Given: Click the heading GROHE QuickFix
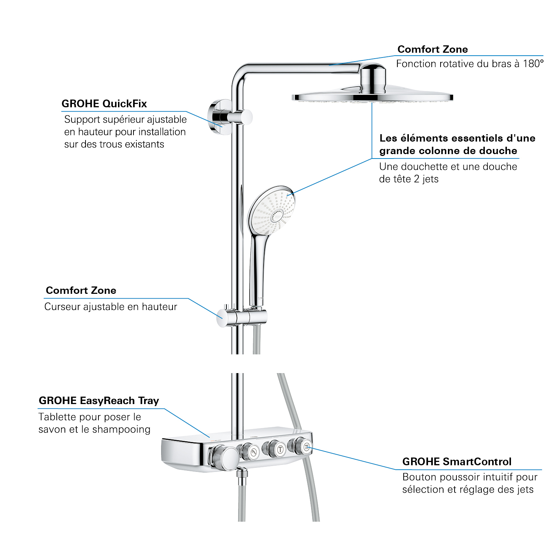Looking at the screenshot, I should click(104, 104).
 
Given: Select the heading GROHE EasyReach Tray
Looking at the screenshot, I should click(99, 401).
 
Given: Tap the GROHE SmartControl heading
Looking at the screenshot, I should click(457, 462).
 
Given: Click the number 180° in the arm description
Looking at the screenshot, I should click(533, 64).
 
